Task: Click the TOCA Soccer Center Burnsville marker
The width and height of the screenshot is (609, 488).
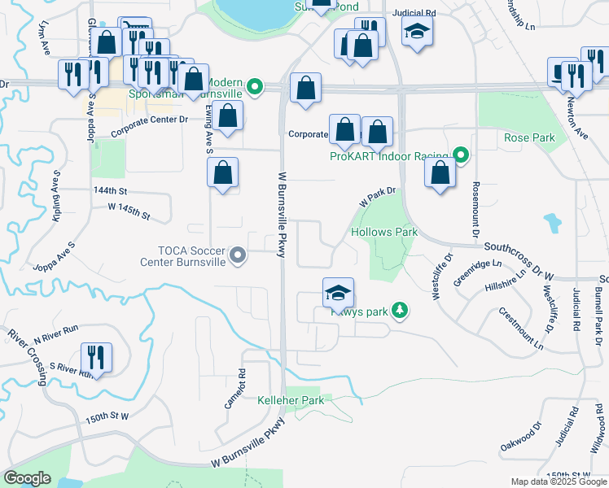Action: tap(238, 256)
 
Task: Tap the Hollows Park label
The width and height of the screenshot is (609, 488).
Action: tap(383, 232)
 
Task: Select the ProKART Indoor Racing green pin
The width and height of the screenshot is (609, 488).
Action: tap(461, 155)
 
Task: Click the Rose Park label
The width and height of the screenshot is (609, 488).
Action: tap(528, 137)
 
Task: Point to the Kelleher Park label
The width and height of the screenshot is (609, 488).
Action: tap(285, 401)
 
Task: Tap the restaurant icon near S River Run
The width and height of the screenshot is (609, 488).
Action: tap(96, 358)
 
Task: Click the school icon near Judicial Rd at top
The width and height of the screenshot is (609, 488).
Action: tap(418, 32)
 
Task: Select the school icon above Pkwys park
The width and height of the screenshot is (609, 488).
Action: tap(338, 293)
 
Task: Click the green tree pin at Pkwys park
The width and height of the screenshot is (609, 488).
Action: tap(399, 310)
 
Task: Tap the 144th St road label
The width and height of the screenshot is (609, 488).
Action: tap(112, 190)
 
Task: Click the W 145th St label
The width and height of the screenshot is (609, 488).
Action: tap(129, 211)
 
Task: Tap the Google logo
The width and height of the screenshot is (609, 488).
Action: tap(28, 478)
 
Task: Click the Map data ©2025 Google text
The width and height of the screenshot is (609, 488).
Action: tap(558, 481)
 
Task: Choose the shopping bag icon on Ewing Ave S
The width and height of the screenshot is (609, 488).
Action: tap(222, 172)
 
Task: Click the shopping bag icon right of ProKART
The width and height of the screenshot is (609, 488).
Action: tap(440, 172)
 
